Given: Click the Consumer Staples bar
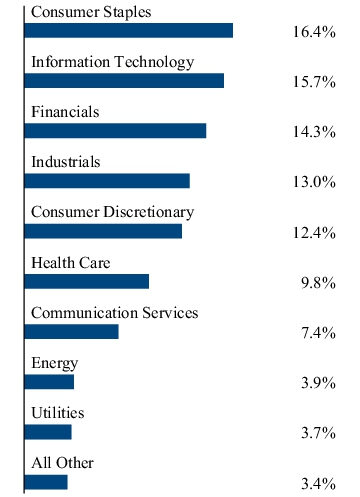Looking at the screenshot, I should coord(128,31).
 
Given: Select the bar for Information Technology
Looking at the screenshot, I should coord(124,81).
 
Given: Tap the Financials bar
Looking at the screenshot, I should coord(115,131).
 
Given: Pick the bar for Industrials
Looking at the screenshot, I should coord(107,181).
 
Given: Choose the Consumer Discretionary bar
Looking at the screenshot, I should coord(103,231).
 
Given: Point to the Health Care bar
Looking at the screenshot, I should coord(86,281).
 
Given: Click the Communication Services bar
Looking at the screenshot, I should coord(71,331).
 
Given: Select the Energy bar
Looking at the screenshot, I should coord(49,381).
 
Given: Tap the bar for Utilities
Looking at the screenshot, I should coord(48,432).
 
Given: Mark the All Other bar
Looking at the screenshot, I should coord(46,482).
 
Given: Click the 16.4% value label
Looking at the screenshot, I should coord(314,32).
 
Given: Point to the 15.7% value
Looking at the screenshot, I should coord(314,82).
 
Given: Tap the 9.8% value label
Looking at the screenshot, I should coord(317,283).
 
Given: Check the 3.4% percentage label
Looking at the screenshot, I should coord(317,484).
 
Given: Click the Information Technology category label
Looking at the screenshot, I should coord(112,62).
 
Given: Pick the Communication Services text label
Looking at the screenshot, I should coord(114,313).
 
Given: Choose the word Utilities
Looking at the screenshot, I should coord(57,413).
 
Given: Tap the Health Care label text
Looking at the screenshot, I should coord(70,263).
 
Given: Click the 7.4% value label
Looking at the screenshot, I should coord(317,333).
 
